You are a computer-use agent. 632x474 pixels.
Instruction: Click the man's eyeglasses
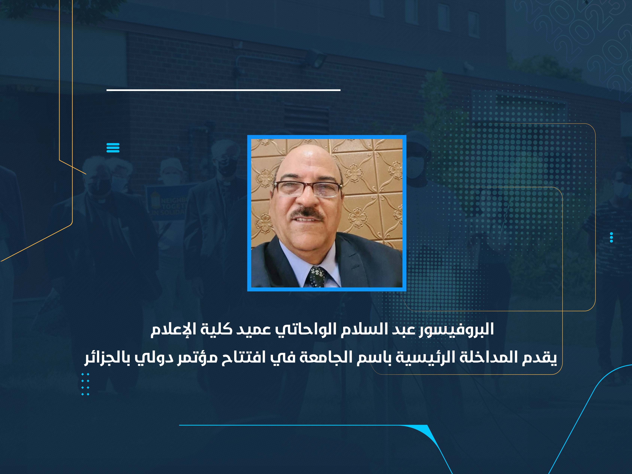coord(308,189)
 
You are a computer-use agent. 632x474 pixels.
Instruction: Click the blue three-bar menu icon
coord(113,148)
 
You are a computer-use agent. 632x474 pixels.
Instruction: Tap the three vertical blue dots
coord(611,237)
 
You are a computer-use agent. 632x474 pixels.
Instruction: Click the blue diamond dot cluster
coord(85,384)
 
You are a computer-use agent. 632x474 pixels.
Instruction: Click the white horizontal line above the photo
coord(224,90)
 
